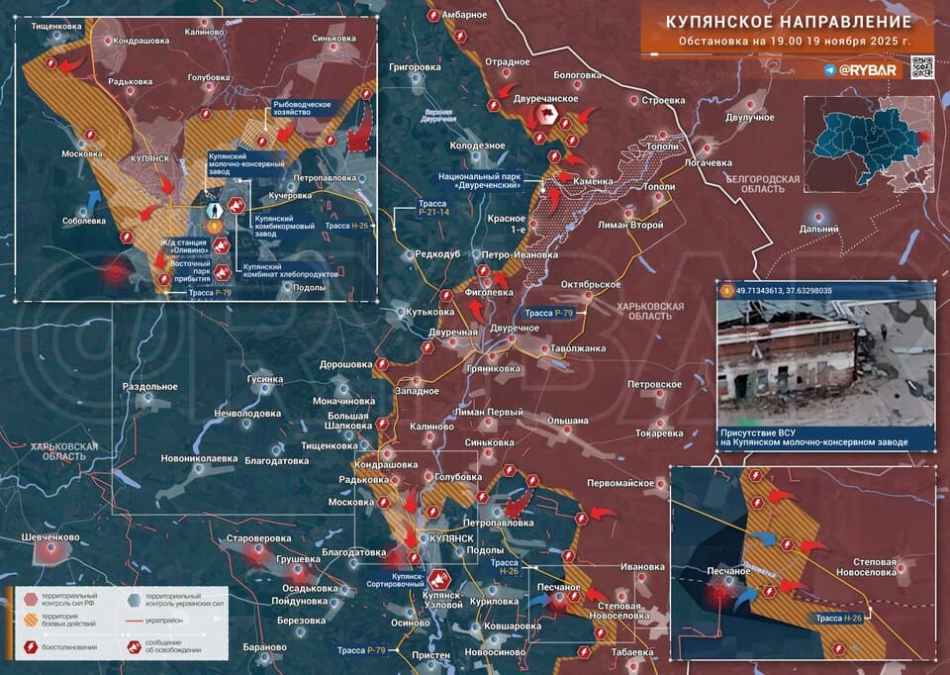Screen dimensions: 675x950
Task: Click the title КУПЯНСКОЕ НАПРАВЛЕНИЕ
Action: coord(788,21)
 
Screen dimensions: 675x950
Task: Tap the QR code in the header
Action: coord(921,67)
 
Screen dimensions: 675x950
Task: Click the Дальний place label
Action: coord(817,229)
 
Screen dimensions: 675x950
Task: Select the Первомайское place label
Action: coord(618,483)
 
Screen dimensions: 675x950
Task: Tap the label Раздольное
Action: coord(148,386)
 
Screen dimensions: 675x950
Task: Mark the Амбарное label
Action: coord(463,15)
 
